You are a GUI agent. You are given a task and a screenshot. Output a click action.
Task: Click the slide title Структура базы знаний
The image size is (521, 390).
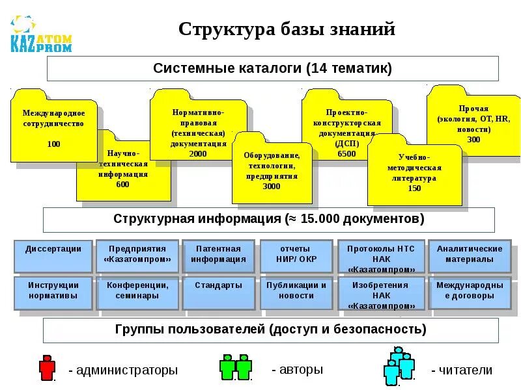click(287, 29)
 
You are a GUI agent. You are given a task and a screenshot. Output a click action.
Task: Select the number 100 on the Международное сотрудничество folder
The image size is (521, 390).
click(53, 144)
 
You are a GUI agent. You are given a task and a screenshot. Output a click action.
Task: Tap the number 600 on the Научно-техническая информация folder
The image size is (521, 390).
click(122, 184)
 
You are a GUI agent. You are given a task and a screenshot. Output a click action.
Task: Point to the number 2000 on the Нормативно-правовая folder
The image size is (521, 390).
click(198, 153)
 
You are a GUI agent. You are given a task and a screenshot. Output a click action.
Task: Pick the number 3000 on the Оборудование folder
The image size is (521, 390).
click(272, 186)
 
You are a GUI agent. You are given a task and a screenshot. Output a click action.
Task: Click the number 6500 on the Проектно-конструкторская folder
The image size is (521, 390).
click(346, 154)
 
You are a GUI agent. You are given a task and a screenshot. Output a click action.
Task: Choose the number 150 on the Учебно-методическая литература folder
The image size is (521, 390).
click(414, 188)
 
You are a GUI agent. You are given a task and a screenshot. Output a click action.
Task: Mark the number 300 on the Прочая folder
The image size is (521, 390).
click(473, 139)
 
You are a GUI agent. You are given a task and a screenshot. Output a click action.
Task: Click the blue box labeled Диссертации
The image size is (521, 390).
click(53, 255)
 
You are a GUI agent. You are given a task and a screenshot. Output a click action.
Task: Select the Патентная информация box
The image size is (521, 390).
click(218, 255)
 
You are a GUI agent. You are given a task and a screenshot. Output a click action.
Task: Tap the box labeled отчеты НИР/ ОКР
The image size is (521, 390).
click(295, 255)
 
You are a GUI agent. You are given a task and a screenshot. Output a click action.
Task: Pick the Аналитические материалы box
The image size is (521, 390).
click(469, 255)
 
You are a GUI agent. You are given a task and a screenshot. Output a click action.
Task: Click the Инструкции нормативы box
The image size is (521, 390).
click(53, 292)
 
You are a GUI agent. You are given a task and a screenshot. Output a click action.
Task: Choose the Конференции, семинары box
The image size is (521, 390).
click(134, 292)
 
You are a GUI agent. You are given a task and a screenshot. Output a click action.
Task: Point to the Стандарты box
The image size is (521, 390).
click(218, 292)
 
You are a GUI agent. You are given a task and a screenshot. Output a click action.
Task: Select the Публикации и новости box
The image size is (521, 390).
click(296, 292)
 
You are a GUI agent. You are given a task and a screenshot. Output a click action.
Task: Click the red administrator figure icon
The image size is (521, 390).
click(47, 367)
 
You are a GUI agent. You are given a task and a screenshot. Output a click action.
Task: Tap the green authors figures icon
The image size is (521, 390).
click(234, 367)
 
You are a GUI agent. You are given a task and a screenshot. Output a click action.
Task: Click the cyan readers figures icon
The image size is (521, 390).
click(399, 365)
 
